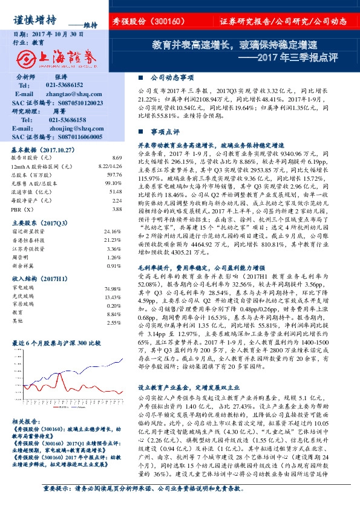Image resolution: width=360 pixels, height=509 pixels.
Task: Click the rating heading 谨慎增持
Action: (x=34, y=19)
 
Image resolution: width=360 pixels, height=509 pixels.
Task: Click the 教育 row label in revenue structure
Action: (x=18, y=314)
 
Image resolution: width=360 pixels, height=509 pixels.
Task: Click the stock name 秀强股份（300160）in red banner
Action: (x=148, y=22)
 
